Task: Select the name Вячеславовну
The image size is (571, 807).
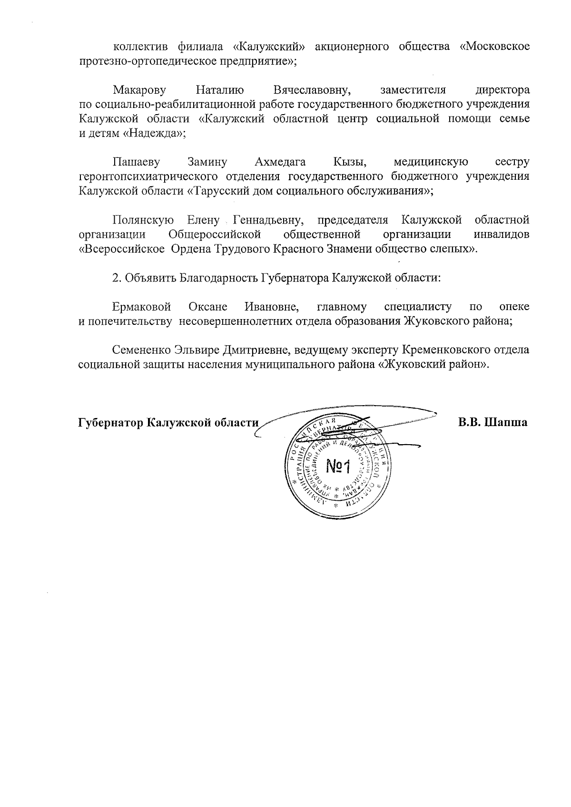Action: (x=312, y=90)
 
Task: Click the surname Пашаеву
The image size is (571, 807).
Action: (x=136, y=162)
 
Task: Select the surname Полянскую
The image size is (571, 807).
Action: (x=143, y=220)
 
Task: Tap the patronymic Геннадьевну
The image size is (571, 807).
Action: (x=269, y=220)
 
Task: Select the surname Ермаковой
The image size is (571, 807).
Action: (x=142, y=307)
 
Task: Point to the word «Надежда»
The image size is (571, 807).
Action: (x=153, y=133)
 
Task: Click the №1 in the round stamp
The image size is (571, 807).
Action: (x=338, y=467)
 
